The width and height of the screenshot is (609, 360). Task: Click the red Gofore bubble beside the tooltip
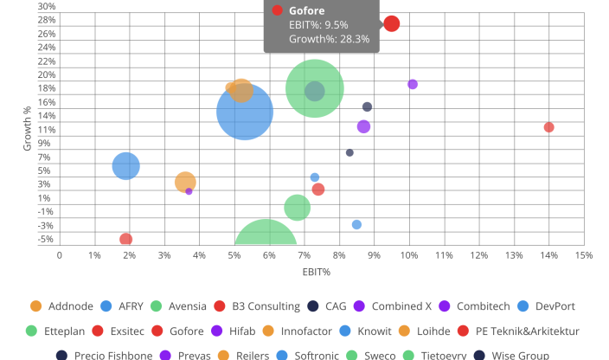pyautogui.click(x=391, y=23)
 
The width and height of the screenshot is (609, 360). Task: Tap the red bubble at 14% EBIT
pyautogui.click(x=548, y=127)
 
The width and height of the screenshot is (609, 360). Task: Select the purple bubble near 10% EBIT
pyautogui.click(x=413, y=84)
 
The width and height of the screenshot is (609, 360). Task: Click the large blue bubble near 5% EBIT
pyautogui.click(x=245, y=112)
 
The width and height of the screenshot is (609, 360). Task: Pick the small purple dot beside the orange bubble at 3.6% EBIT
pyautogui.click(x=189, y=191)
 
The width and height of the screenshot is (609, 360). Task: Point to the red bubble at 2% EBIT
pyautogui.click(x=126, y=239)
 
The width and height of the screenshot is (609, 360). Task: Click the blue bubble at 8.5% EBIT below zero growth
pyautogui.click(x=356, y=224)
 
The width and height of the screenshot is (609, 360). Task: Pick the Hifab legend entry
pyautogui.click(x=225, y=331)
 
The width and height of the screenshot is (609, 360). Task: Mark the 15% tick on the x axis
pyautogui.click(x=583, y=255)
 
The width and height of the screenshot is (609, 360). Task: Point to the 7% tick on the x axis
pyautogui.click(x=304, y=255)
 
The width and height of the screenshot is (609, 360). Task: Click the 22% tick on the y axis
pyautogui.click(x=46, y=61)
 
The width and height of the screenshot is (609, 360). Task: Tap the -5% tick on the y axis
pyautogui.click(x=46, y=240)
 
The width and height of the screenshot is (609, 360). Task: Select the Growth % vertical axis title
pyautogui.click(x=28, y=128)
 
